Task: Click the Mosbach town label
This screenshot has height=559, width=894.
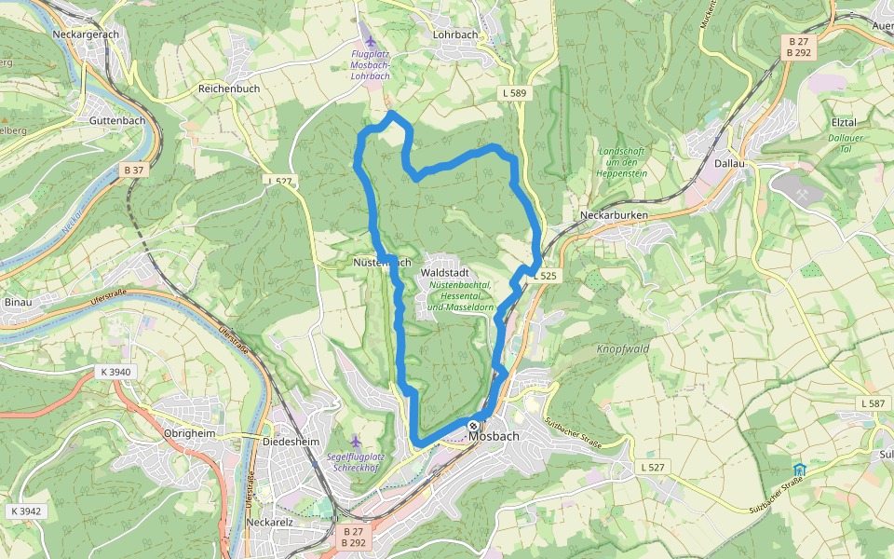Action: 494,435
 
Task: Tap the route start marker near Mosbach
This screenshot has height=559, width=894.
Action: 473,426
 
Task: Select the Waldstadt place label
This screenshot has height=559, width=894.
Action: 444,271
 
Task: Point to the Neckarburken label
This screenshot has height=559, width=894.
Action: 613,214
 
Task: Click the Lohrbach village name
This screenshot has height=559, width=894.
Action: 455,34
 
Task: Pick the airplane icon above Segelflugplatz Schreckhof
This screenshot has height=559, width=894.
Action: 355,440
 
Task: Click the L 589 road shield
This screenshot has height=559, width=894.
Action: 513,93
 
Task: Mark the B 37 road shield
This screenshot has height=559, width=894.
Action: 134,170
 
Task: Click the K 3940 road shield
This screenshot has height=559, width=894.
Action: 117,372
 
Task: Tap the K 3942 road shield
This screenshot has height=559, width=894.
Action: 26,511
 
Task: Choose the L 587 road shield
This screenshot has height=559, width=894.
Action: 873,402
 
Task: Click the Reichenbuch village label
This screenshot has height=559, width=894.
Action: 228,88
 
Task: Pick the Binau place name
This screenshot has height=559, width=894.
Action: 18,303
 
